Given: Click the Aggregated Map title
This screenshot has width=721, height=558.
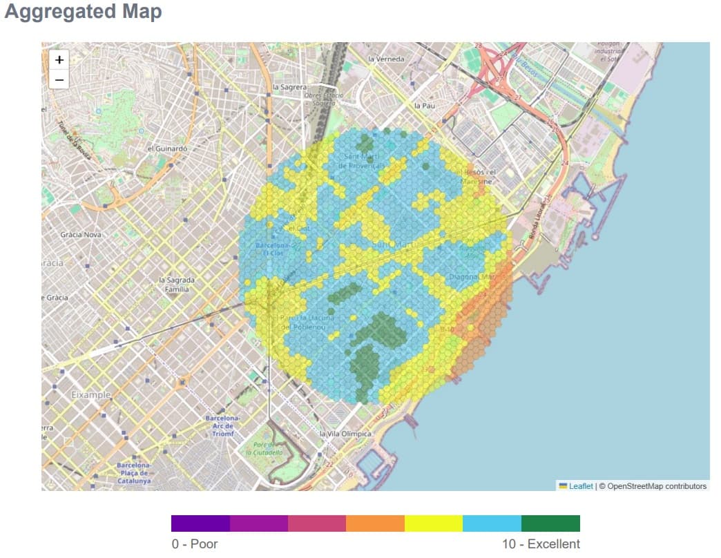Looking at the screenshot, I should click(x=83, y=12).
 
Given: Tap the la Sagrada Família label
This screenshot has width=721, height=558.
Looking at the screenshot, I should click(x=177, y=285).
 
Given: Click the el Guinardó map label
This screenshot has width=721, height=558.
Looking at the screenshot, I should click(x=167, y=148).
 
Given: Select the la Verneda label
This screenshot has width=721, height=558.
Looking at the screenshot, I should click(x=386, y=59).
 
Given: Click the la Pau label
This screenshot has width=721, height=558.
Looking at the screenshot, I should click(x=424, y=106).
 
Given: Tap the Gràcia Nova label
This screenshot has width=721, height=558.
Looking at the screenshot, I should click(x=81, y=235).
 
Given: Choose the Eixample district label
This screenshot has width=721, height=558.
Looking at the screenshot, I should click(x=90, y=395).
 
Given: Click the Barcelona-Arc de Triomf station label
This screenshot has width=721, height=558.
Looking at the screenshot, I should click(x=222, y=425).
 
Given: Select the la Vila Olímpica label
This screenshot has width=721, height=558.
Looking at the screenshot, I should click(x=345, y=434).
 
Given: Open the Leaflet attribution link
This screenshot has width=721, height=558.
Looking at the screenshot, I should click(x=580, y=486).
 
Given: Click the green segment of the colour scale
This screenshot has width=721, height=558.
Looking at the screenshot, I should click(x=550, y=523).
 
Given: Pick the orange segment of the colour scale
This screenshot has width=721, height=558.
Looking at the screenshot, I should click(x=375, y=523).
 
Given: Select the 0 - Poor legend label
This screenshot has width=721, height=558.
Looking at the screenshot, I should click(x=195, y=544).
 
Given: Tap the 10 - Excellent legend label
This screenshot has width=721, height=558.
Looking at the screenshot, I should click(x=541, y=544).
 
